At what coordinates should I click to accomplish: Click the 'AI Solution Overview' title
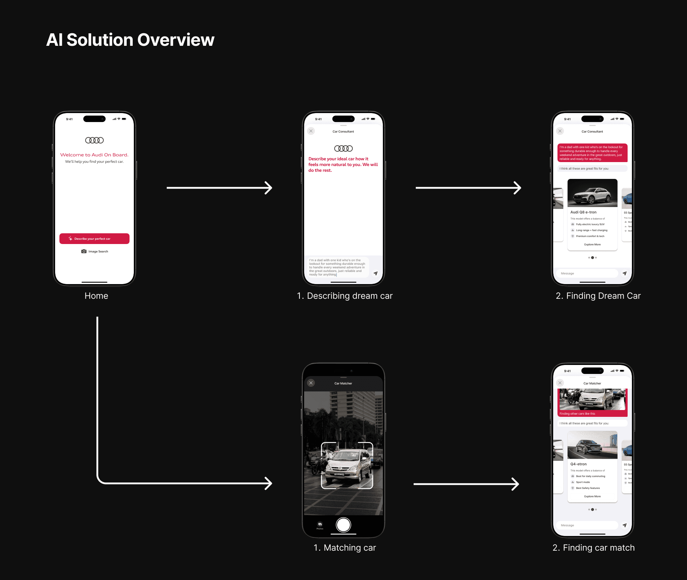(130, 40)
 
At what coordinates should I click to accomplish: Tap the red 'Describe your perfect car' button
(94, 239)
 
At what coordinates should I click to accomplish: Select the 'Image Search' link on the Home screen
(95, 252)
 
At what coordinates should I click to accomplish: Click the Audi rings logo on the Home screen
(94, 140)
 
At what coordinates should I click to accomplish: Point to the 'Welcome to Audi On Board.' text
(94, 155)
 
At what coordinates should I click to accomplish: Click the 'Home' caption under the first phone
(96, 296)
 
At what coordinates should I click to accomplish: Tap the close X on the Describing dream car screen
(311, 131)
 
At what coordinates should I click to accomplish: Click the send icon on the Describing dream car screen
(375, 273)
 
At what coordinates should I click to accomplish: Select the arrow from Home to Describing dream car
(219, 188)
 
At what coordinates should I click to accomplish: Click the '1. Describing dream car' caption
(345, 296)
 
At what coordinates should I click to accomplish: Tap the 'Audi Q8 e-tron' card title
(583, 212)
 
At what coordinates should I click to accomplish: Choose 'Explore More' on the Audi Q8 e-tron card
(592, 245)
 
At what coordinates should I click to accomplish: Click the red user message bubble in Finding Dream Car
(592, 153)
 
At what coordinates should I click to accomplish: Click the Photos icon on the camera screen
(320, 525)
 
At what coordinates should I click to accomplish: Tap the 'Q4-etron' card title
(579, 464)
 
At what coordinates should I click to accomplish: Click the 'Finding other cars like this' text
(577, 414)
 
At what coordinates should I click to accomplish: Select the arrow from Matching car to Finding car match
(466, 484)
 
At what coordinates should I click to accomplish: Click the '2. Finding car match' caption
(593, 548)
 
